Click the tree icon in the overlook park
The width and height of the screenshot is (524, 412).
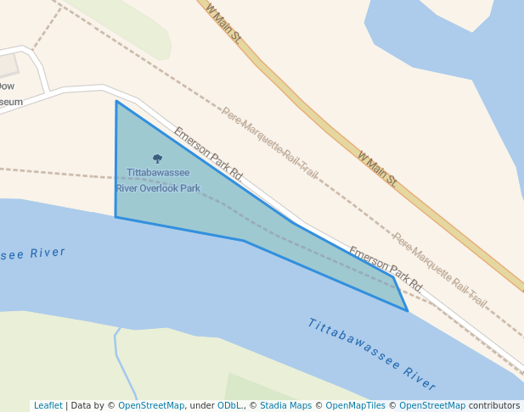(x=157, y=159)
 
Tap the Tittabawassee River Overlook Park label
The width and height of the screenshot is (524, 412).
(x=158, y=181)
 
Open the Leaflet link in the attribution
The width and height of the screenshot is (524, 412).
(x=48, y=406)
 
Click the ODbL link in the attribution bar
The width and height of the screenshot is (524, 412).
(x=230, y=406)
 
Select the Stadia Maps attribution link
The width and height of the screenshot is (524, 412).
(x=285, y=406)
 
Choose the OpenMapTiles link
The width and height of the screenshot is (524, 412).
(x=357, y=406)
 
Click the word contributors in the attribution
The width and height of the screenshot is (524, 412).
(x=494, y=406)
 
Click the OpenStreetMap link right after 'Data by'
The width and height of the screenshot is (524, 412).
(x=151, y=406)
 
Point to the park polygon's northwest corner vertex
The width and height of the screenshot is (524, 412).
(x=116, y=101)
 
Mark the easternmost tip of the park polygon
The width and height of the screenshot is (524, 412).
(x=408, y=310)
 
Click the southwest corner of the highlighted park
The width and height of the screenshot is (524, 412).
(x=116, y=217)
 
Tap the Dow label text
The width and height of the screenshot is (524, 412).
(x=6, y=86)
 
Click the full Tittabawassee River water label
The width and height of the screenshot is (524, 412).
(x=372, y=348)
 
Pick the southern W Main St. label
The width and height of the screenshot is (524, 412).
(x=377, y=169)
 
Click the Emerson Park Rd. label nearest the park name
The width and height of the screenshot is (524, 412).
(x=209, y=154)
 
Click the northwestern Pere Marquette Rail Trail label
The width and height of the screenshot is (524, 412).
(x=270, y=142)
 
